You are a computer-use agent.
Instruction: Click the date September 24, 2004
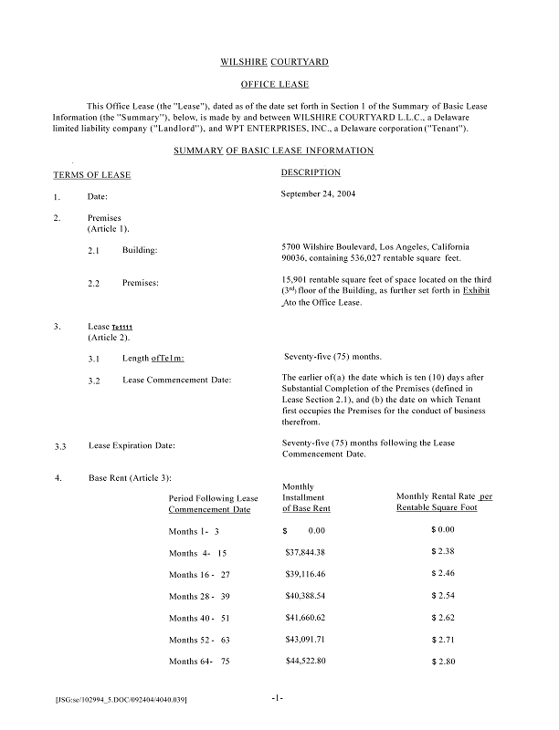[x=320, y=194]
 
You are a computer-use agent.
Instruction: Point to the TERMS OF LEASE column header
[x=92, y=174]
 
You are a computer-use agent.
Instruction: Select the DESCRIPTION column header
[x=311, y=172]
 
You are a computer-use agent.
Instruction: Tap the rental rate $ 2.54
[x=443, y=596]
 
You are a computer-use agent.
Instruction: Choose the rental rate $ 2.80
[x=443, y=660]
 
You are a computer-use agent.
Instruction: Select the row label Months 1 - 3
[x=195, y=531]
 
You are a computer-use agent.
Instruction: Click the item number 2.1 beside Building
[x=94, y=250]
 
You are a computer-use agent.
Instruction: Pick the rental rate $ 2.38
[x=443, y=553]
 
